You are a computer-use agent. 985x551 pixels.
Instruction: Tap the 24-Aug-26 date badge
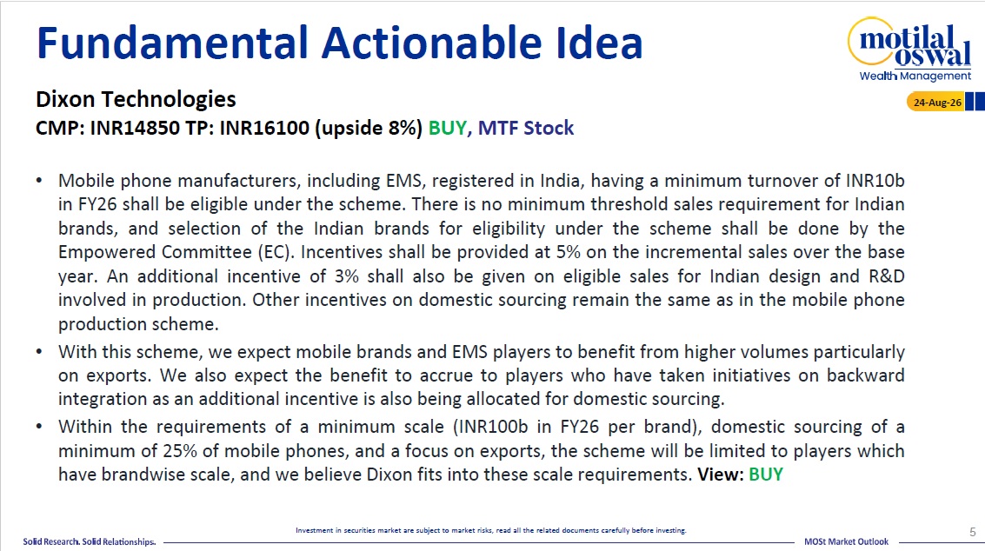click(x=935, y=102)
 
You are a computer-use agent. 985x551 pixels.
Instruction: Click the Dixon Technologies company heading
click(x=136, y=99)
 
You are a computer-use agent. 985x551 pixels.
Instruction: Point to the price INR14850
click(x=136, y=128)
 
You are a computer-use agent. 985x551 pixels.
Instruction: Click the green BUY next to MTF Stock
click(x=447, y=128)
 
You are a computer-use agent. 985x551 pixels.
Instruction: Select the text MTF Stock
click(x=526, y=128)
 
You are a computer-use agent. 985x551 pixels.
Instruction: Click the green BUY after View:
click(x=766, y=475)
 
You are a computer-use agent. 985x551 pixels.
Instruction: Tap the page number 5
click(x=973, y=532)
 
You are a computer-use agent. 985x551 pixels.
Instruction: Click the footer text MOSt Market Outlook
click(x=846, y=541)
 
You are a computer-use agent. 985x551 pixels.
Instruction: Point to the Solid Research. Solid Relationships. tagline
click(x=90, y=541)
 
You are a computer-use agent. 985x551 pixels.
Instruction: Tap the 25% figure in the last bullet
click(x=180, y=451)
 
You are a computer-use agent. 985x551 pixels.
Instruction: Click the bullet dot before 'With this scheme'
click(x=39, y=352)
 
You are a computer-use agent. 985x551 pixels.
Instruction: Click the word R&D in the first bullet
click(x=887, y=276)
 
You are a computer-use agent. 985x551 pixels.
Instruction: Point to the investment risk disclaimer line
click(x=490, y=530)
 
